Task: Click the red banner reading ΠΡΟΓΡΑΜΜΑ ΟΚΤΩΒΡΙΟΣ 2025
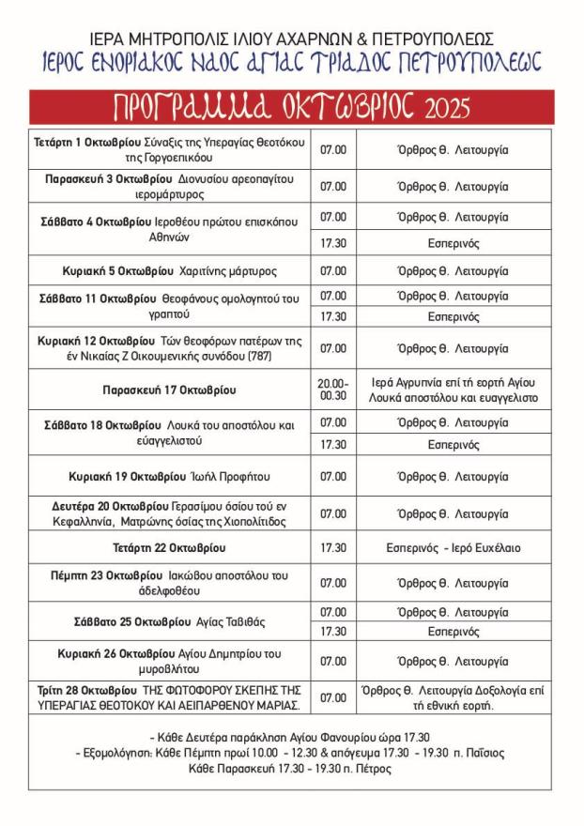click(291, 107)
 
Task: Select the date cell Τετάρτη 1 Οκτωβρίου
click(171, 148)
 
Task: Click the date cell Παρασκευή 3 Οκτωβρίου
click(171, 186)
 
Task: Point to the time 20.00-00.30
click(333, 390)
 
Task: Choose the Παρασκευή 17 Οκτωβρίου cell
click(171, 390)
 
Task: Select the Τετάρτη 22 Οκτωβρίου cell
click(171, 547)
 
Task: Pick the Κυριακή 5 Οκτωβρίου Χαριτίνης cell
click(171, 271)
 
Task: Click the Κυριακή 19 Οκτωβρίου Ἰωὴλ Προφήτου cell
click(171, 476)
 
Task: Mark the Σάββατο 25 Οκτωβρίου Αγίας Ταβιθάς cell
click(171, 621)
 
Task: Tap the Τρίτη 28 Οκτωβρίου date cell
click(171, 697)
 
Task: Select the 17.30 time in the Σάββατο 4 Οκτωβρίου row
click(333, 243)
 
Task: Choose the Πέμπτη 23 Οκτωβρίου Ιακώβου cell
click(171, 582)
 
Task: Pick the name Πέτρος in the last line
click(372, 769)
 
